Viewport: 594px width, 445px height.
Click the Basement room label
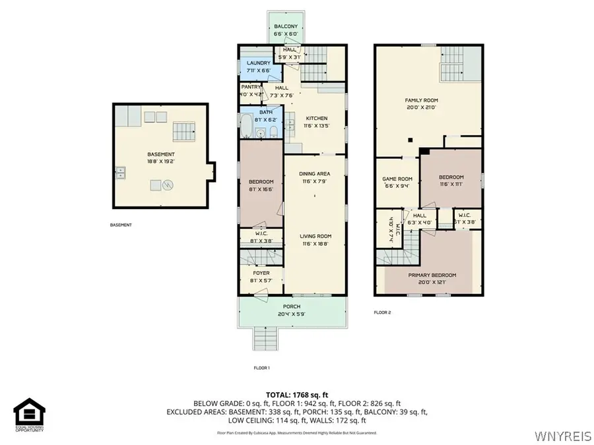[x=161, y=154]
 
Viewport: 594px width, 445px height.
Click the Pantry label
[x=251, y=86]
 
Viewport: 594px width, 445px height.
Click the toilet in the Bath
[x=273, y=133]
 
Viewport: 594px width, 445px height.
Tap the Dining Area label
[x=314, y=173]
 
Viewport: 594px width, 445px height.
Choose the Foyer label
[x=261, y=272]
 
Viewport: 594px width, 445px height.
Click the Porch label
[x=292, y=307]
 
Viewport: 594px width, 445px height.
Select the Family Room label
[x=420, y=100]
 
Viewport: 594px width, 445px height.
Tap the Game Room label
[x=397, y=179]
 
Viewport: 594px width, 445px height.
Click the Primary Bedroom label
[x=432, y=275]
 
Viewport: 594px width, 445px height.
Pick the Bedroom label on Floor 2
[x=451, y=177]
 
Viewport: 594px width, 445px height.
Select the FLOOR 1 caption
[x=261, y=368]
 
